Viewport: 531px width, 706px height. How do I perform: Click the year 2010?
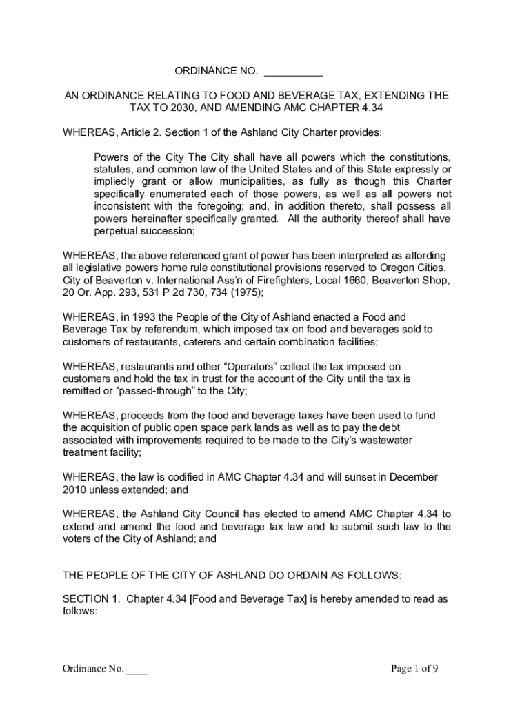tap(75, 490)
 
